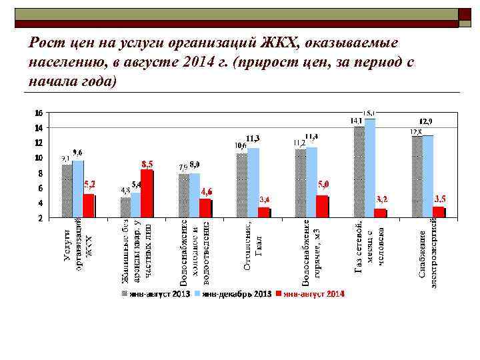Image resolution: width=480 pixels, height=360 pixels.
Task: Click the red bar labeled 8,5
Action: [x=147, y=193]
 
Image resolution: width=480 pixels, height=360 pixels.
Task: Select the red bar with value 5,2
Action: [x=88, y=205]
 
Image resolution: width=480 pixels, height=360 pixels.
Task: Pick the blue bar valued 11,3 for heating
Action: [x=253, y=182]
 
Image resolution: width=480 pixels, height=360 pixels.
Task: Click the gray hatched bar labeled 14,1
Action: [x=359, y=171]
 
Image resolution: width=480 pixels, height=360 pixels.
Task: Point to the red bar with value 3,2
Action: [x=381, y=212]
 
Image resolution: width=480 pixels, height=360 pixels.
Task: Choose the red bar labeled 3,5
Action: [x=439, y=211]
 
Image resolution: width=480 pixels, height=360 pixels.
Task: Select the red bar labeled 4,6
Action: [x=205, y=207]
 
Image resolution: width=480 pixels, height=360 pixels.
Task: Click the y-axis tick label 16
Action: [x=39, y=113]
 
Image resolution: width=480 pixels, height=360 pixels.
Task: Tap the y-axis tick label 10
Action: [x=39, y=158]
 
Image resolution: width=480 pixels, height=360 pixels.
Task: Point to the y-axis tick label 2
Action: [x=40, y=218]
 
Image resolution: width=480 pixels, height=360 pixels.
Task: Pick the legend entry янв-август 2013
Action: [x=156, y=294]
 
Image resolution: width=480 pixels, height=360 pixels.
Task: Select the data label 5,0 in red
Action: [x=323, y=183]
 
